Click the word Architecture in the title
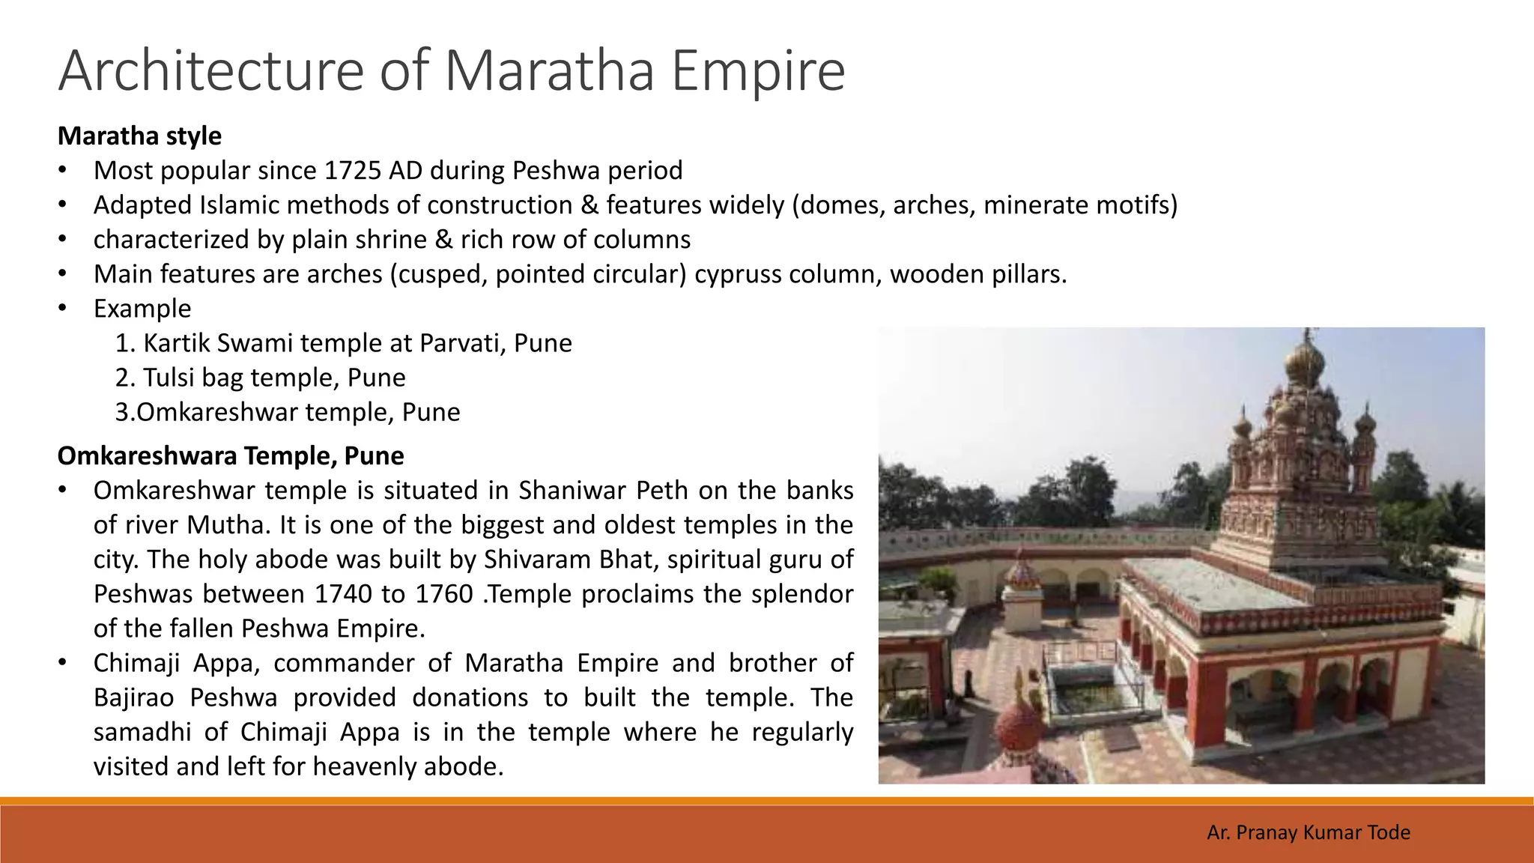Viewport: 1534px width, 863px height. [210, 70]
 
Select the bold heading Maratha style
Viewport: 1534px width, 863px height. [139, 136]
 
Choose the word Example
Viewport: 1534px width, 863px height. [142, 309]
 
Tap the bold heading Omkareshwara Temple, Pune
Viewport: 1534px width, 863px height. [231, 455]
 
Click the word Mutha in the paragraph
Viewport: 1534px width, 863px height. [226, 524]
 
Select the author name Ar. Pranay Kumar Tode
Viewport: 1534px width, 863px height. [1309, 832]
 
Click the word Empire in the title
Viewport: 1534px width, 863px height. [758, 70]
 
